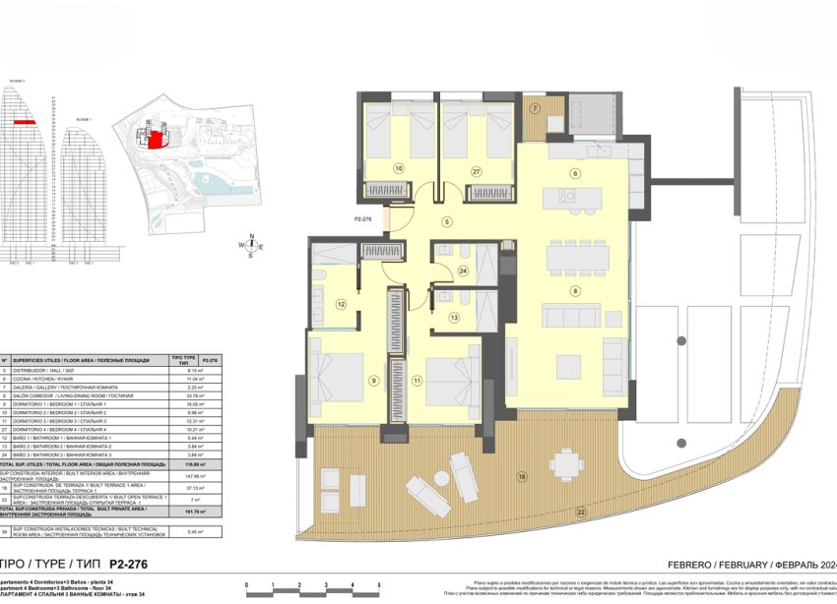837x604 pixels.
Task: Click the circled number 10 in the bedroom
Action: click(399, 168)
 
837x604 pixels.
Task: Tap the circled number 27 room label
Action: click(476, 171)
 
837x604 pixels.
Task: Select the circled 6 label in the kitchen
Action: click(575, 174)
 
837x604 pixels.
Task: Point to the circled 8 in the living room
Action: click(574, 289)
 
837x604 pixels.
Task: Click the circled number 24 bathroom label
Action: click(463, 270)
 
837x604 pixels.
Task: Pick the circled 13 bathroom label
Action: click(455, 318)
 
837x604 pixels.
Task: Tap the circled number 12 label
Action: click(341, 304)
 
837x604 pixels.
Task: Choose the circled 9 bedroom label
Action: click(374, 381)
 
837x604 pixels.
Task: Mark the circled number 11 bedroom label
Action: click(417, 380)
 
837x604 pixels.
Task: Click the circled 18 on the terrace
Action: click(522, 478)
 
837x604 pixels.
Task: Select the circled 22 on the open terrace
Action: click(580, 513)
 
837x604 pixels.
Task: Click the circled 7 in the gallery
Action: click(536, 108)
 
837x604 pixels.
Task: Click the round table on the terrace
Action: click(565, 462)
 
